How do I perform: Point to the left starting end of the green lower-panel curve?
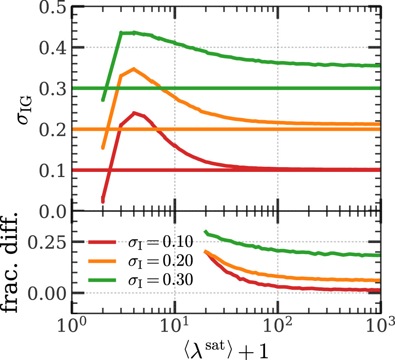(x=205, y=232)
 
